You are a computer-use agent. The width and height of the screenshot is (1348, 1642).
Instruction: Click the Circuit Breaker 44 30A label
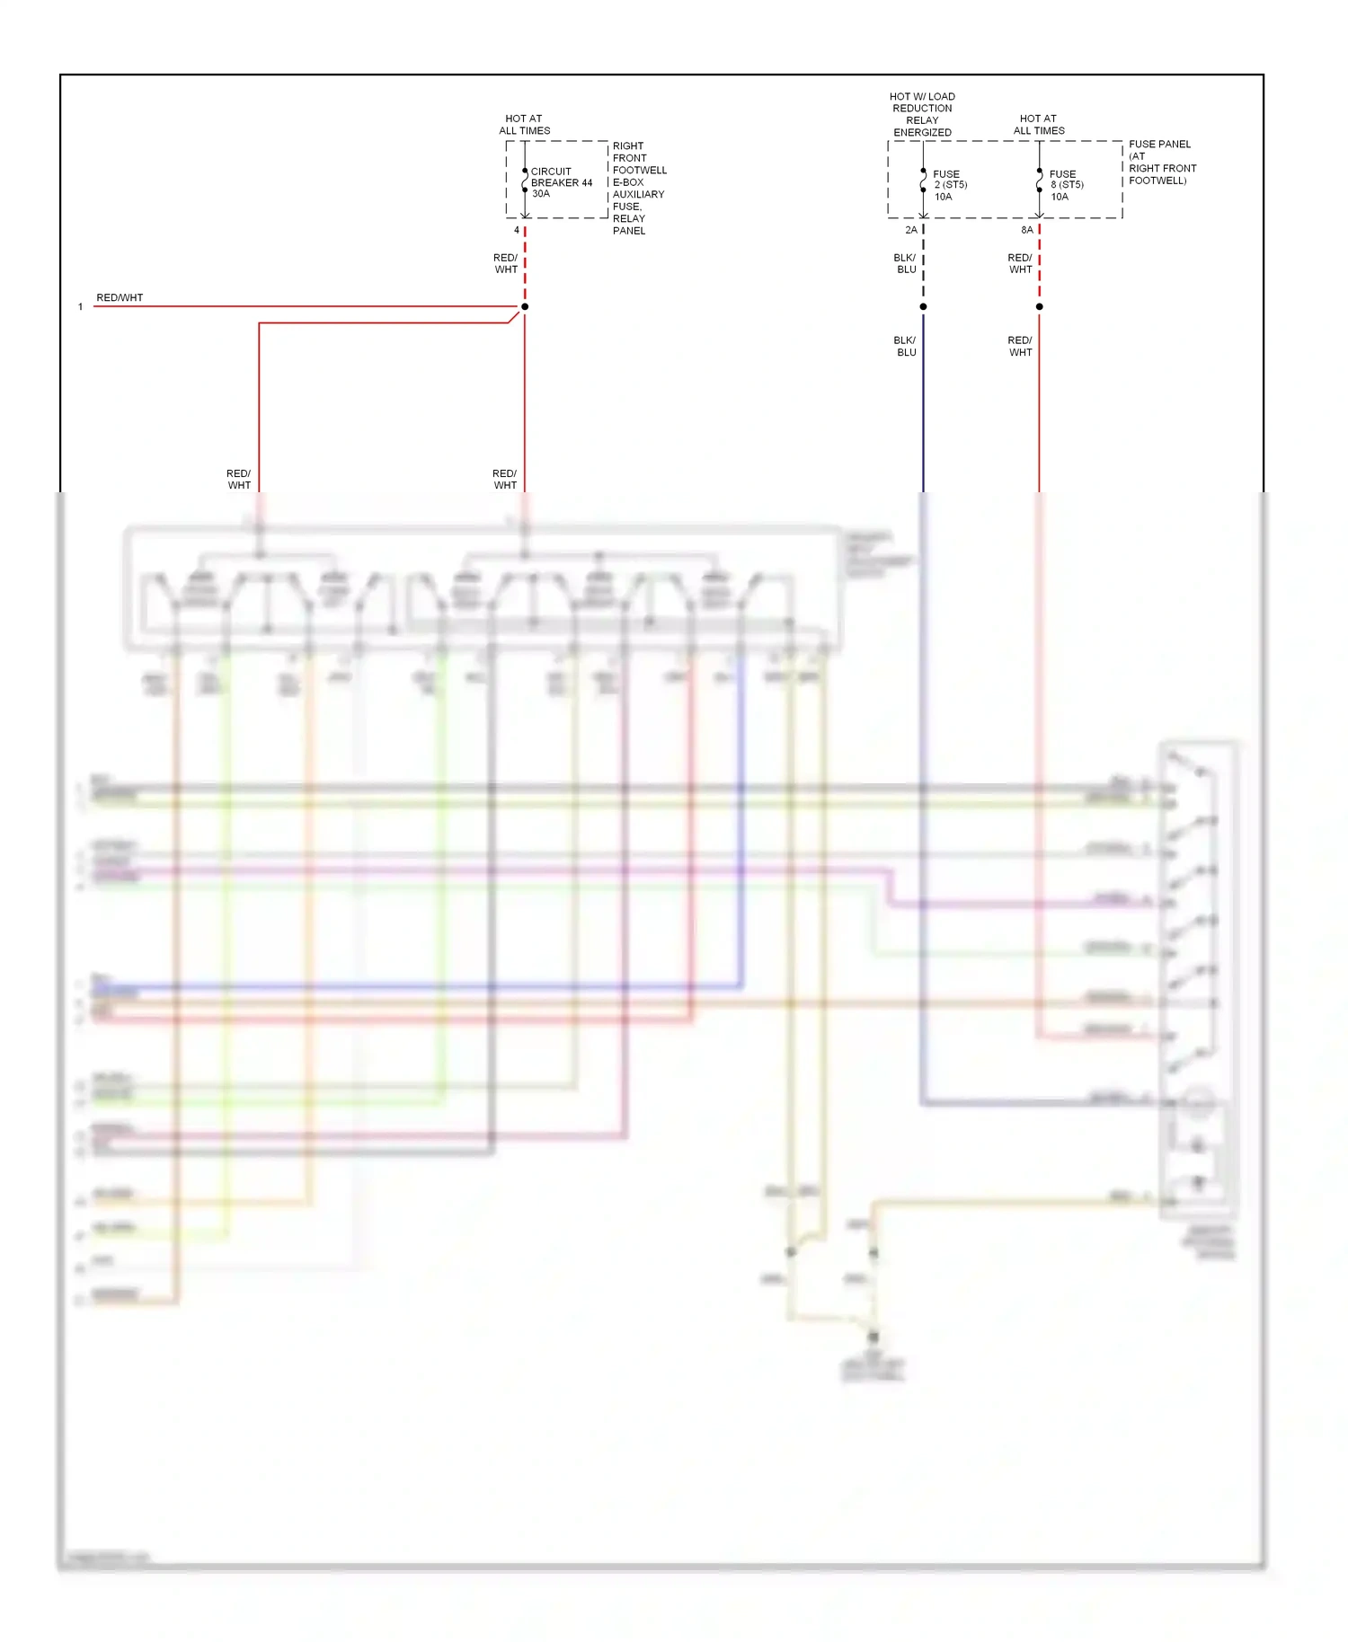pos(561,182)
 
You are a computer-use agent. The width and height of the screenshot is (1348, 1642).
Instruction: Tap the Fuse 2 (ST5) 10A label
pos(949,185)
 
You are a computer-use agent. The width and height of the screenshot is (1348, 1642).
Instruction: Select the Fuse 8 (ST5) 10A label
pos(1066,185)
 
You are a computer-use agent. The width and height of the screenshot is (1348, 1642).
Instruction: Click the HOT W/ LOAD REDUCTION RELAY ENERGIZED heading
pos(922,114)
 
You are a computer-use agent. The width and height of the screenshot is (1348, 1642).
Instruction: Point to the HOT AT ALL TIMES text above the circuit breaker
pos(524,124)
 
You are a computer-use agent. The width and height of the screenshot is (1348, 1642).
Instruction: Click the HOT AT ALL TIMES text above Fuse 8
pos(1039,124)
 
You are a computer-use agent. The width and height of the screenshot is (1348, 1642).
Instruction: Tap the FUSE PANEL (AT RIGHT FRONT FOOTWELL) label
pos(1162,162)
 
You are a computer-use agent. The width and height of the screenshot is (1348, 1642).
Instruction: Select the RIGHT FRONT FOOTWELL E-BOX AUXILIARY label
pos(639,188)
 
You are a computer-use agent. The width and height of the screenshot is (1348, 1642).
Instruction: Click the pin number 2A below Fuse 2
pos(911,230)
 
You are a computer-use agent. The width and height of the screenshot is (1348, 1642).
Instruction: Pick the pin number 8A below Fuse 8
pos(1026,230)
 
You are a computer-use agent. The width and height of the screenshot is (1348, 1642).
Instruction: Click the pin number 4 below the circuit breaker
pos(517,230)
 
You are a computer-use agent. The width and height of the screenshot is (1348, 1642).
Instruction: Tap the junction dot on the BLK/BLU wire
pos(923,306)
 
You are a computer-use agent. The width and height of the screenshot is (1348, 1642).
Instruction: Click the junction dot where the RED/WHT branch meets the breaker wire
pos(525,306)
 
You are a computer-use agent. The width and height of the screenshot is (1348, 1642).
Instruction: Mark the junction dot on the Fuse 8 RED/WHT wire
pos(1039,306)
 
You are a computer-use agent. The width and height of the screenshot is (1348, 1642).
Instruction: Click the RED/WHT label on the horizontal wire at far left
pos(120,297)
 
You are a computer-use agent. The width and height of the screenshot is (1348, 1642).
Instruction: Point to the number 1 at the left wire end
pos(81,307)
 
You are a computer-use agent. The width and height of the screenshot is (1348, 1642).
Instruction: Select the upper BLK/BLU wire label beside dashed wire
pos(905,263)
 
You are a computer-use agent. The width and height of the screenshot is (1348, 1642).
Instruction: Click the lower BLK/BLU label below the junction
pos(905,346)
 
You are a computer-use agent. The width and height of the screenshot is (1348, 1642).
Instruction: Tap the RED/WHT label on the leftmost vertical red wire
pos(238,479)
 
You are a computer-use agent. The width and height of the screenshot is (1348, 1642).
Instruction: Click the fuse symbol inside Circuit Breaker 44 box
pos(525,180)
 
